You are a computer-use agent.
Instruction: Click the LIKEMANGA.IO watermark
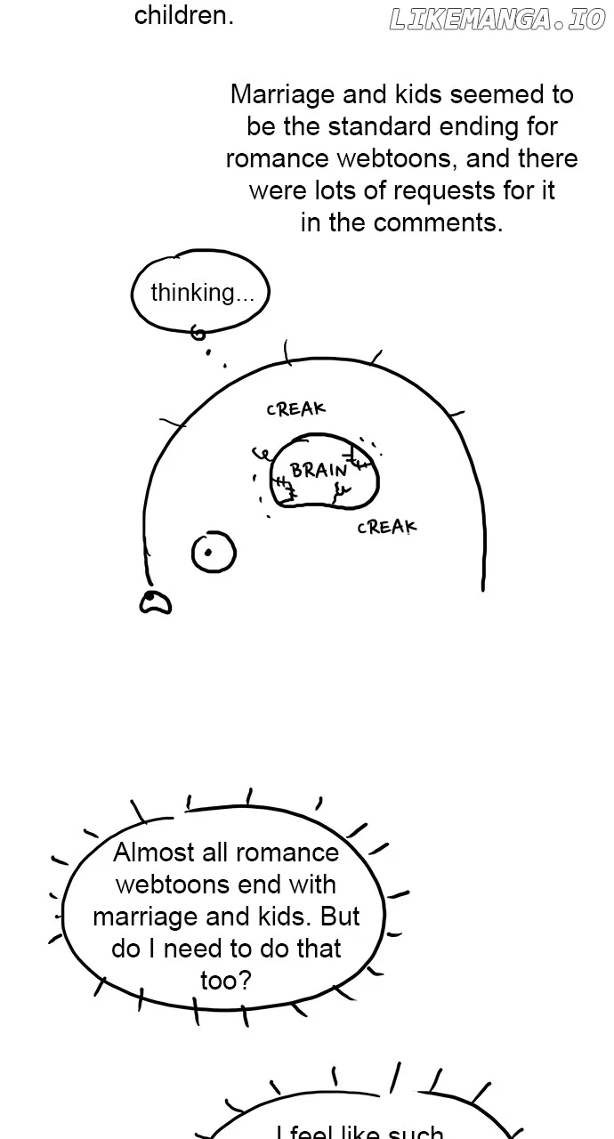click(x=497, y=20)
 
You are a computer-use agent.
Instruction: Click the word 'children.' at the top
click(x=184, y=15)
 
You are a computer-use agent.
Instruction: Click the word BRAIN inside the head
click(x=319, y=470)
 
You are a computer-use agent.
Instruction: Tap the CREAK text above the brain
click(x=295, y=408)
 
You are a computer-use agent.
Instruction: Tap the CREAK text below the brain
click(x=387, y=528)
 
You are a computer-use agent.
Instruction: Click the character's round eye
click(x=214, y=553)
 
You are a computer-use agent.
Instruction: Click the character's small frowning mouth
click(x=156, y=602)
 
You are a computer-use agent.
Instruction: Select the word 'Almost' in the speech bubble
click(x=153, y=852)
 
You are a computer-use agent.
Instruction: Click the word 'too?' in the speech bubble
click(x=226, y=981)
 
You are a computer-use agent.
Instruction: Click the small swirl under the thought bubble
click(x=198, y=333)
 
